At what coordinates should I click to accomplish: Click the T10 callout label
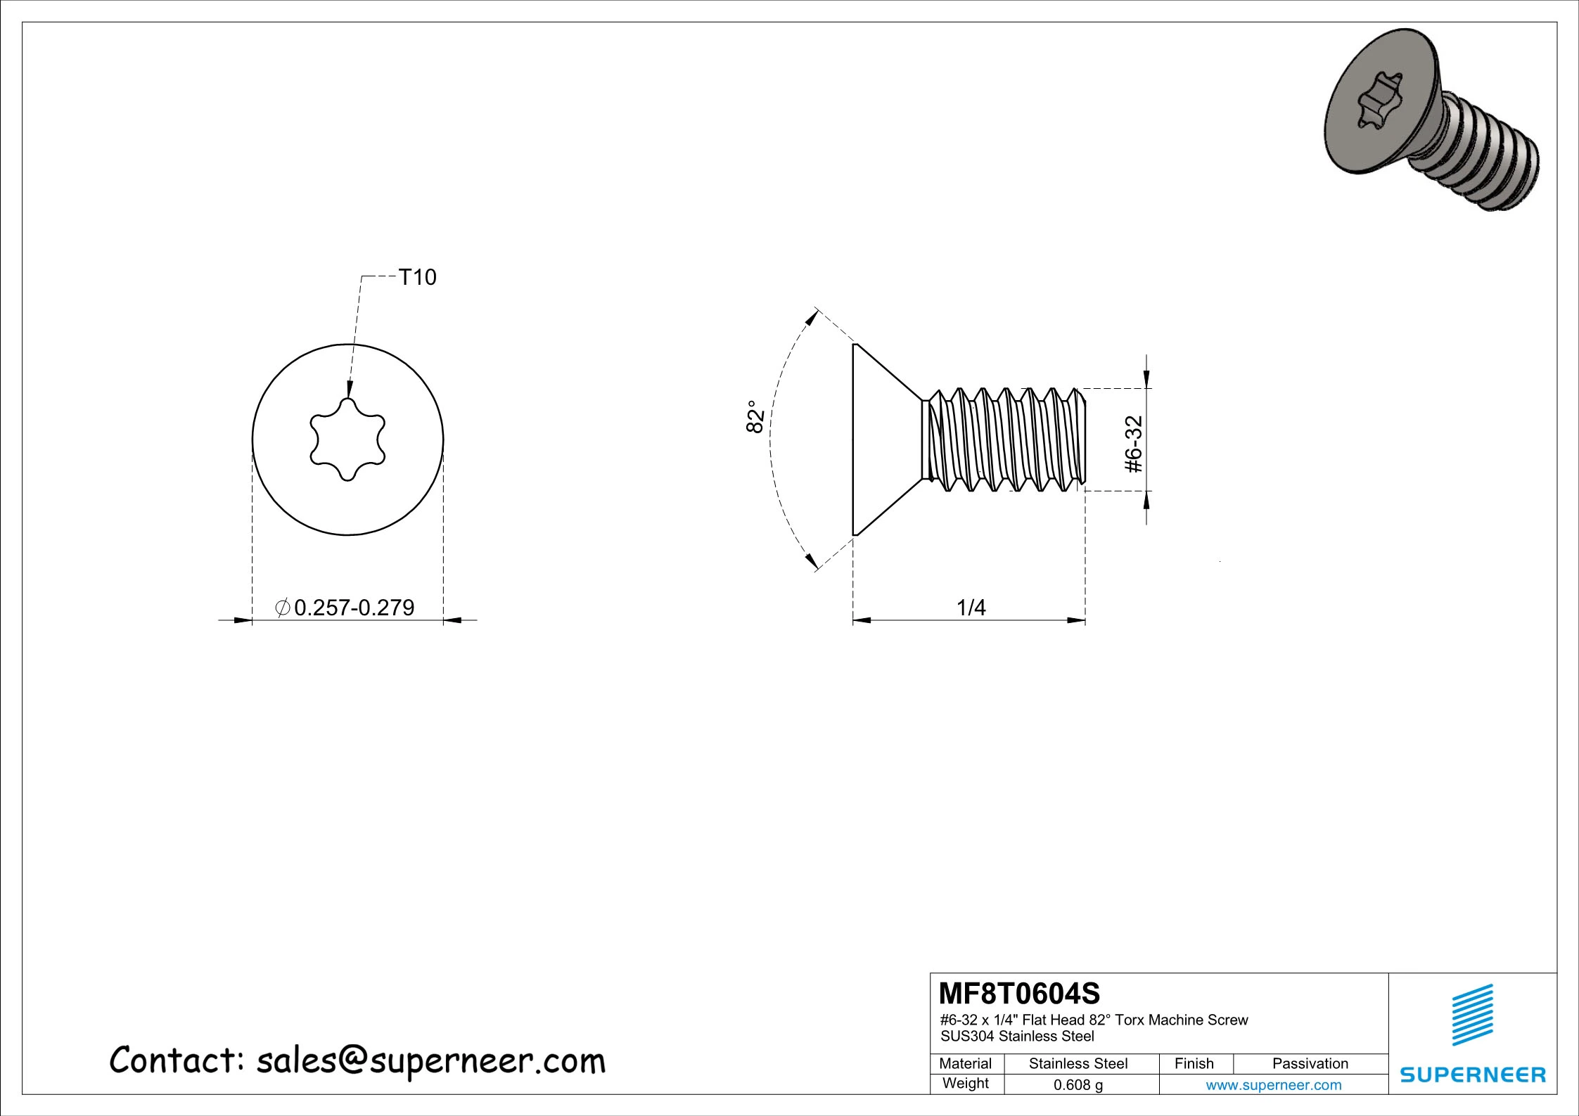(x=417, y=278)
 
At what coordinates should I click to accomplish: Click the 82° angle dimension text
(x=755, y=417)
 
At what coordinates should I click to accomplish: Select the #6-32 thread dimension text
(x=1134, y=444)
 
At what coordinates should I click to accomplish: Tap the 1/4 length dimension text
(x=971, y=607)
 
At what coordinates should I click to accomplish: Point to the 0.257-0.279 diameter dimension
(x=354, y=608)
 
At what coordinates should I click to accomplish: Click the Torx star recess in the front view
(x=347, y=440)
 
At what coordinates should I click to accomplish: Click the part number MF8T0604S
(x=1020, y=994)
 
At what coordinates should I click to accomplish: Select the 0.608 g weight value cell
(x=1078, y=1084)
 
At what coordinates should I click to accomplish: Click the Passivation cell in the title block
(x=1310, y=1063)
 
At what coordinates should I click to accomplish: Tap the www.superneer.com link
(x=1273, y=1084)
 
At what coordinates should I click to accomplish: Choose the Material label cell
(x=965, y=1063)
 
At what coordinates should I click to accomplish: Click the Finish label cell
(x=1194, y=1063)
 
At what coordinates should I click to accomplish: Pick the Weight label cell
(x=965, y=1083)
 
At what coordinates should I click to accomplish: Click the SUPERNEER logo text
(x=1473, y=1075)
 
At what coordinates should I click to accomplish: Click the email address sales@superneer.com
(x=430, y=1060)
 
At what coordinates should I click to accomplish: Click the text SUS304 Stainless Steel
(x=1017, y=1036)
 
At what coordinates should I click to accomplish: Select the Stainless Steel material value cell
(x=1078, y=1063)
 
